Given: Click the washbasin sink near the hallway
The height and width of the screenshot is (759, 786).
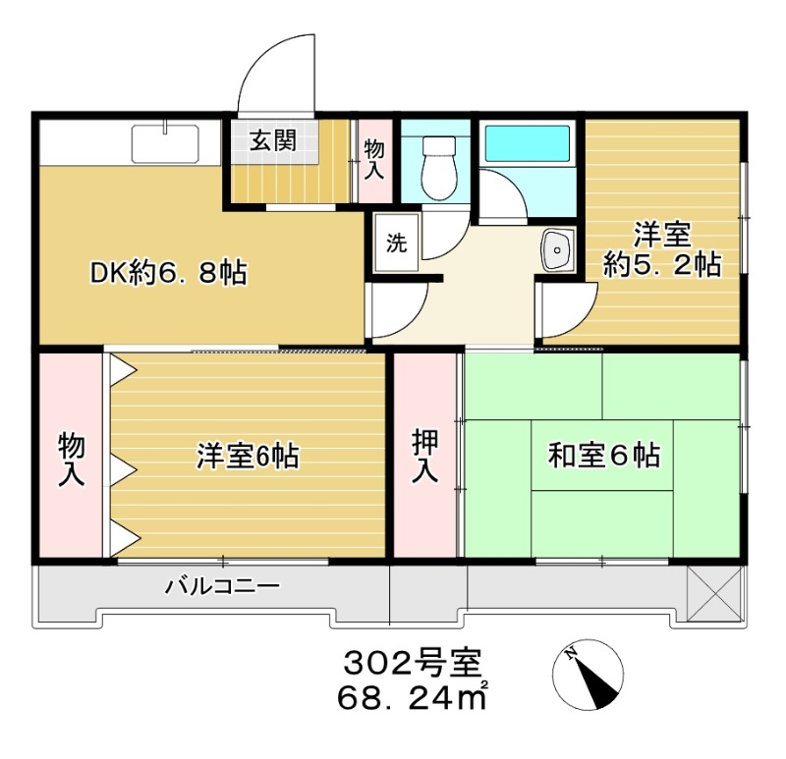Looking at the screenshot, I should [x=557, y=252].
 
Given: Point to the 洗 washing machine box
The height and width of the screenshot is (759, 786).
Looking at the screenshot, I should [x=395, y=244].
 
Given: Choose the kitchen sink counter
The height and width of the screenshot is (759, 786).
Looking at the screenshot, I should [x=165, y=144].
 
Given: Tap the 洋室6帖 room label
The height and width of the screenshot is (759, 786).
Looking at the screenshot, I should [x=248, y=456].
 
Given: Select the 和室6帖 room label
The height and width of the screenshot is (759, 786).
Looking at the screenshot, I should [x=603, y=456].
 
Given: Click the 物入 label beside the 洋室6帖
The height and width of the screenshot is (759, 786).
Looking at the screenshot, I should [x=72, y=458].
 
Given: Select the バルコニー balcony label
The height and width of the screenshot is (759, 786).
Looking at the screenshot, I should [x=222, y=587].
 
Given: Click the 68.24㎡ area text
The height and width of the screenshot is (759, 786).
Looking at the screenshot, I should [x=413, y=699].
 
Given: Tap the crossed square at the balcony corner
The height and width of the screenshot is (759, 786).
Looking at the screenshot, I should [x=711, y=593].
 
